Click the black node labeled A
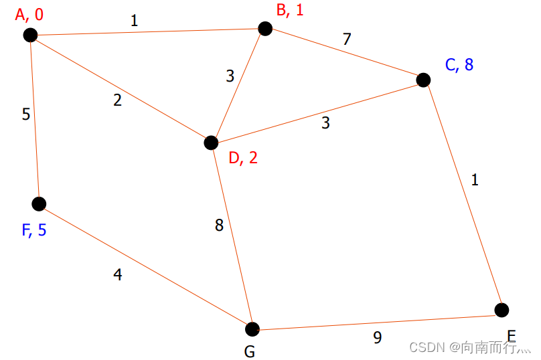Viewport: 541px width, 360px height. click(29, 35)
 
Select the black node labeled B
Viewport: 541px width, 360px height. click(265, 28)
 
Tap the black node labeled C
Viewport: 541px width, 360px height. click(423, 80)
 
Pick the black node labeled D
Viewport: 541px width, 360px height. click(211, 143)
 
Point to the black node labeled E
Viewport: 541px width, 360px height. click(501, 310)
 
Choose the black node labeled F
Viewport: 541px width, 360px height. click(40, 203)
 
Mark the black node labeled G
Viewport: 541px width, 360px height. click(252, 329)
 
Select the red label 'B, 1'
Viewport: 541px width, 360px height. click(290, 10)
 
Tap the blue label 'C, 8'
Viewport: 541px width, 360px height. click(459, 64)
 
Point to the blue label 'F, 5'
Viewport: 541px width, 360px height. click(34, 231)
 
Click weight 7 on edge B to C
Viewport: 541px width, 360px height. click(346, 39)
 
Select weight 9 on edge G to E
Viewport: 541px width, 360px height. click(378, 338)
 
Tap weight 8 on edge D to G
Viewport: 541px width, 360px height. click(219, 226)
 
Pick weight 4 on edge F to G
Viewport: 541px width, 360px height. click(118, 274)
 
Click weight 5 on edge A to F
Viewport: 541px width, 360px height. click(26, 114)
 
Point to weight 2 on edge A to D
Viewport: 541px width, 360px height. click(118, 101)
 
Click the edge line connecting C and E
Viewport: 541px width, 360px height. click(462, 194)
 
